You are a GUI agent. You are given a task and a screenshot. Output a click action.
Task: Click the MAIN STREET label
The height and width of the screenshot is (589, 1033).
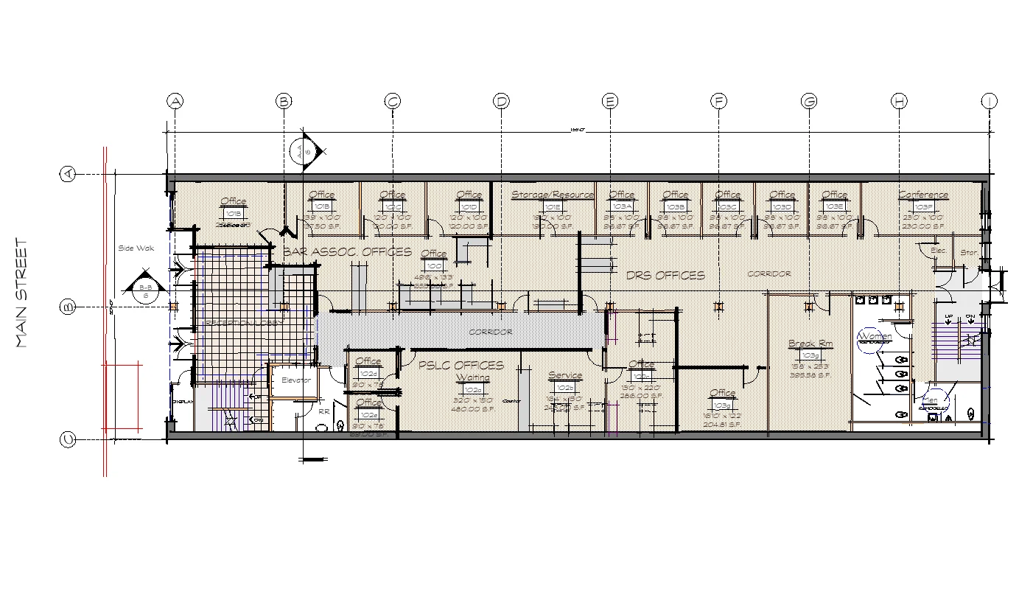(x=22, y=293)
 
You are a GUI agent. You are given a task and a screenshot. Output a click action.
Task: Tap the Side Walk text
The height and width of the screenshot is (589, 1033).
(x=136, y=248)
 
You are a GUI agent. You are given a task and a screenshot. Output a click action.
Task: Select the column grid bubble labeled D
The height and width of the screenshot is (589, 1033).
(x=501, y=101)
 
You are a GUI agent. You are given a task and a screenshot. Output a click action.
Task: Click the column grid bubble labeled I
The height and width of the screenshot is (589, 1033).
(x=989, y=101)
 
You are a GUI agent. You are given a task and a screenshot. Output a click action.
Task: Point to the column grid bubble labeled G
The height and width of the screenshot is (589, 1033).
(x=809, y=101)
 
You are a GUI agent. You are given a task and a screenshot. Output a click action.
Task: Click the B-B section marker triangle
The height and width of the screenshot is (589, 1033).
(x=142, y=288)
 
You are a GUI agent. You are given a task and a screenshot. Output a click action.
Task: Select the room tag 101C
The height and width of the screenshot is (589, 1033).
(x=392, y=206)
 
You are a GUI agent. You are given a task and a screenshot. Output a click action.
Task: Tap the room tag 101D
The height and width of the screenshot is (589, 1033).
(x=469, y=206)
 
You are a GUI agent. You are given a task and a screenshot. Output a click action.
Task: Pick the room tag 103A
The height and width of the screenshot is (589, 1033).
(x=622, y=206)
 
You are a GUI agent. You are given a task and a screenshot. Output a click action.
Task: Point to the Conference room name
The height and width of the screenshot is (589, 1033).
(x=923, y=195)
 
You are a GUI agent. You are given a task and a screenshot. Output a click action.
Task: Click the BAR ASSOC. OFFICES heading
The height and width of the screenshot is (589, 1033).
(x=347, y=252)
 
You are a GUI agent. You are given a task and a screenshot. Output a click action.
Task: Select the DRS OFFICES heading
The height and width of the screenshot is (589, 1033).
(x=665, y=276)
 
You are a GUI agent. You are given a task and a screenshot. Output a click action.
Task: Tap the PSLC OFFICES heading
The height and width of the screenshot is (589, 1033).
(x=461, y=366)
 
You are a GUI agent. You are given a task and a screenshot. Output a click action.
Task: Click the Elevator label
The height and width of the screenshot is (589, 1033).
(x=296, y=380)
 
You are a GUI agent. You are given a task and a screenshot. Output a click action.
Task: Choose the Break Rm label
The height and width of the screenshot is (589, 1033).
(x=810, y=344)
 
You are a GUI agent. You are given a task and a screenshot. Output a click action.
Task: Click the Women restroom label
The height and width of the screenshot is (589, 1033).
(x=875, y=337)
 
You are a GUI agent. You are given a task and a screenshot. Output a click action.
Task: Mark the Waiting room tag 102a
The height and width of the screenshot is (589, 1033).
(x=472, y=389)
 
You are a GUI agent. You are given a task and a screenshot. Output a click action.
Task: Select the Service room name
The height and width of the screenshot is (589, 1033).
(x=565, y=376)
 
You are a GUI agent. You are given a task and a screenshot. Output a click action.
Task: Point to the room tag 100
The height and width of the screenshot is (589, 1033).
(x=434, y=265)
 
